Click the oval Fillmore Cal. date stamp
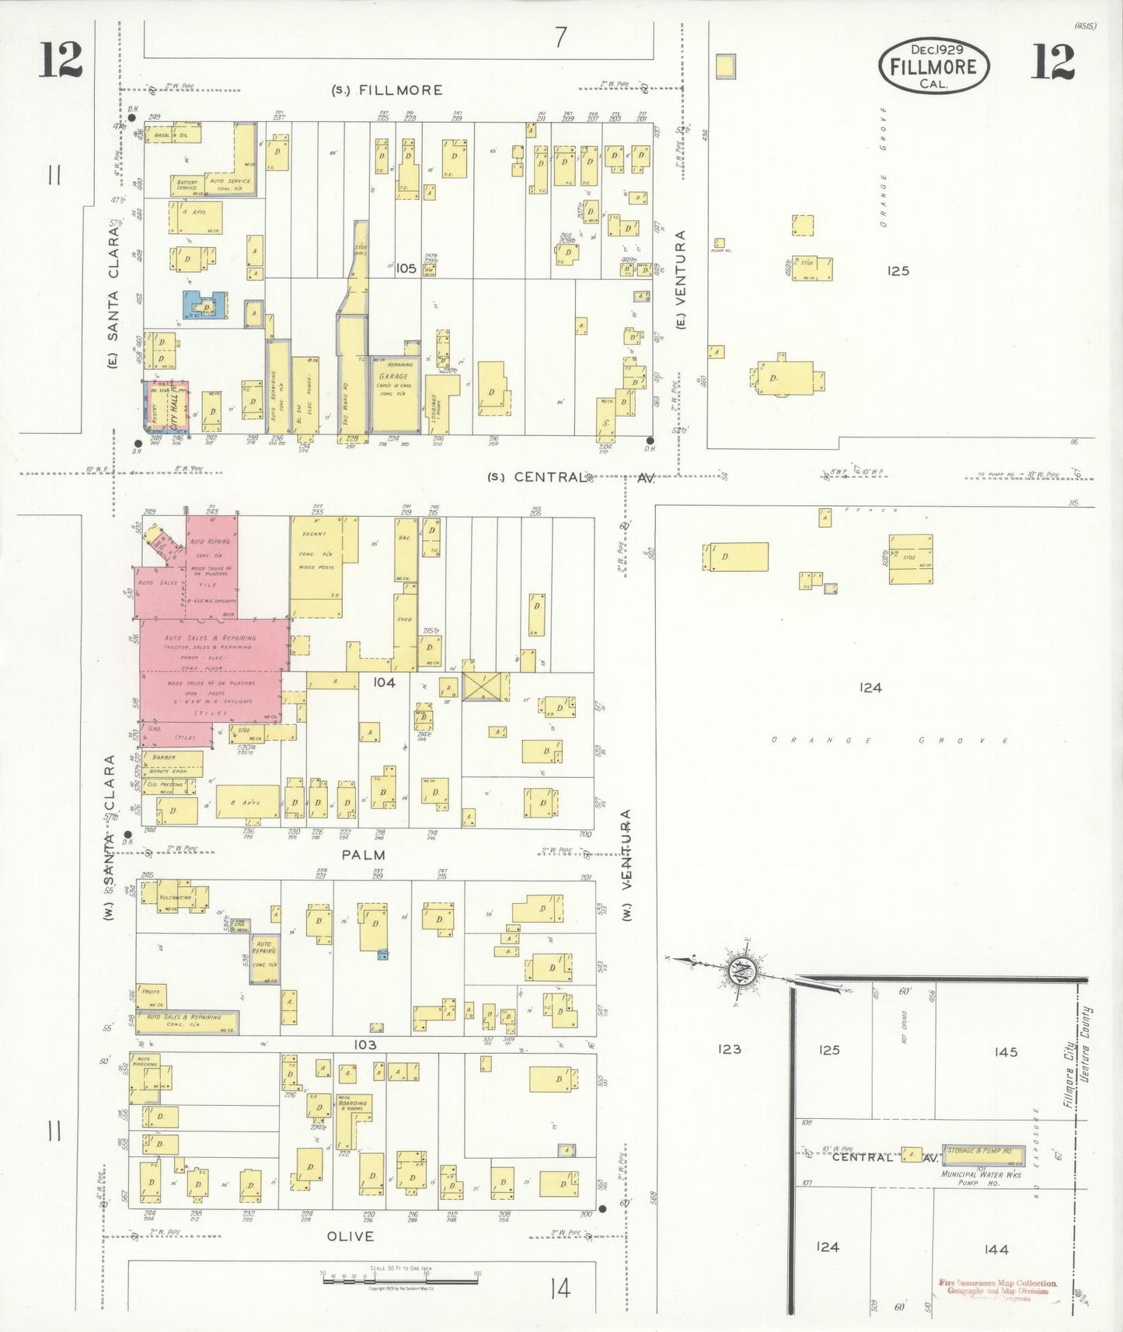click(933, 66)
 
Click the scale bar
click(399, 1278)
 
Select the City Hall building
click(174, 405)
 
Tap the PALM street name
click(364, 855)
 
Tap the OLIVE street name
click(350, 1236)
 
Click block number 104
click(384, 682)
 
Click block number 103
click(365, 1044)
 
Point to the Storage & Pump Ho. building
click(978, 1151)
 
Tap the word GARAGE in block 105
click(393, 376)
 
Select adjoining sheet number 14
click(560, 1289)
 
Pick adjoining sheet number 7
click(560, 37)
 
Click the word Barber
click(164, 757)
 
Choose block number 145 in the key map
click(1006, 1051)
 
